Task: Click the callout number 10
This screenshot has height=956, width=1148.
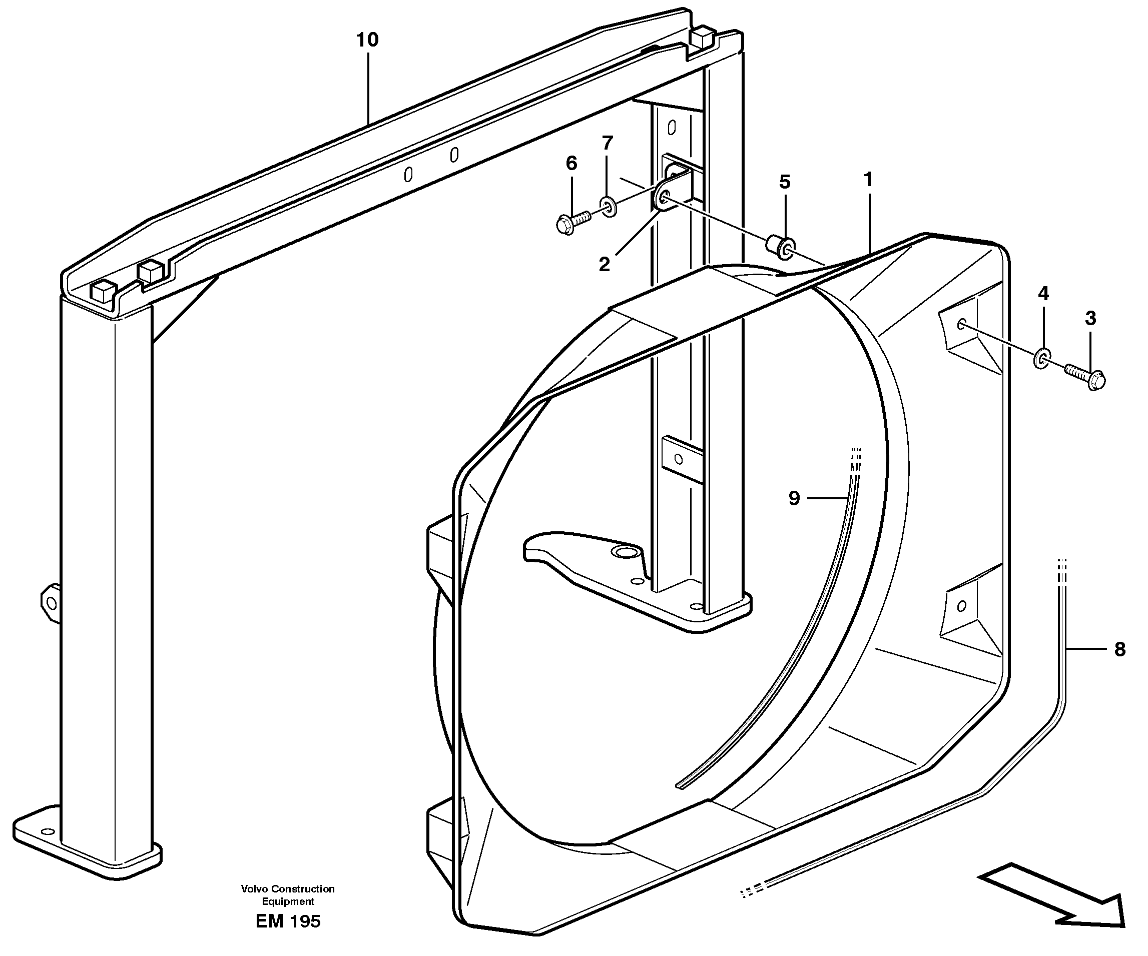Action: tap(367, 40)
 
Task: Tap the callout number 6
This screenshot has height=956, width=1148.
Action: tap(571, 163)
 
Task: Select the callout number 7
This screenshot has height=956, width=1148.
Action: tap(607, 143)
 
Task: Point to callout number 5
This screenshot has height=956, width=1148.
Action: tap(785, 182)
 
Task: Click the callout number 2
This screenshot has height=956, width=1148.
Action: tap(604, 265)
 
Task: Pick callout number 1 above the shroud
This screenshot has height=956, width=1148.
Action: tap(868, 179)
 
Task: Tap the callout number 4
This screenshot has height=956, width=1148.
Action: tap(1043, 294)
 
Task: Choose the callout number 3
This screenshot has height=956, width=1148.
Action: tap(1090, 318)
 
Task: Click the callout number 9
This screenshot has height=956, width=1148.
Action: tap(794, 498)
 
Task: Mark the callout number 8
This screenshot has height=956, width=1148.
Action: tap(1119, 649)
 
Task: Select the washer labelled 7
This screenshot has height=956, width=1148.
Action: tap(609, 207)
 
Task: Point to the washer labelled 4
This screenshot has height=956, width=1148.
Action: tap(1041, 359)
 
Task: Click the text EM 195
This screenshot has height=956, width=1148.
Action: tap(288, 921)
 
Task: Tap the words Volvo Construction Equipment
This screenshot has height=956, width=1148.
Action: tap(288, 895)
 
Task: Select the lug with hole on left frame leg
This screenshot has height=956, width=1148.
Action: tap(50, 603)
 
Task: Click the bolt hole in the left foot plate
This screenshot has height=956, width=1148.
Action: tap(48, 832)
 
